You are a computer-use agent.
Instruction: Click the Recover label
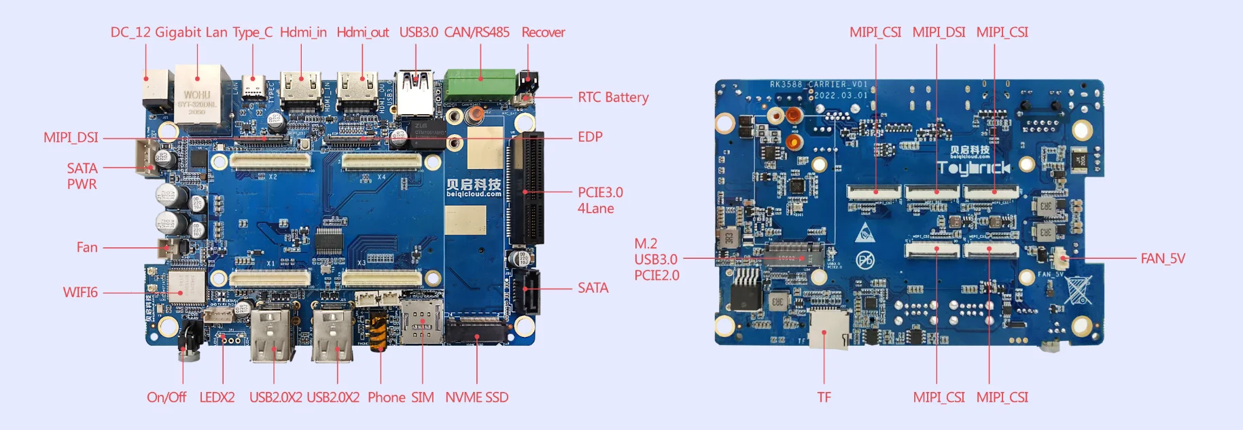tap(543, 33)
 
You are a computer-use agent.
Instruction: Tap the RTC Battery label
tap(613, 97)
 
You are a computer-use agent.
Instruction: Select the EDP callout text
tap(590, 137)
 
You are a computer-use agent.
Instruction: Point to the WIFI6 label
tap(80, 292)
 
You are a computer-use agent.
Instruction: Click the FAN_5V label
tap(1162, 258)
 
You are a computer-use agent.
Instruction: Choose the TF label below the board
tap(824, 397)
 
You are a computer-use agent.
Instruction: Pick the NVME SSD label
tap(476, 397)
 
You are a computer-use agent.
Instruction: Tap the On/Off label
tap(167, 397)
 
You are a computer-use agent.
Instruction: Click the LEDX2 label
tap(217, 397)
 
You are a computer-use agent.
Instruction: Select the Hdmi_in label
tap(303, 33)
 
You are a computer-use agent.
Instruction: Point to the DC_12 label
tap(130, 33)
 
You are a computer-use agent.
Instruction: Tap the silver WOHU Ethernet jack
tap(198, 95)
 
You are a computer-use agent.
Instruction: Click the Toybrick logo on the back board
tap(974, 168)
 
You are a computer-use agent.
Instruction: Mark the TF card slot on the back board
tap(827, 327)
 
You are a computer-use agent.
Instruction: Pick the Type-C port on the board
tap(253, 89)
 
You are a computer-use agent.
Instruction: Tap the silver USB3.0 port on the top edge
tap(415, 93)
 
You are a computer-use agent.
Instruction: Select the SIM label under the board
tap(422, 397)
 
